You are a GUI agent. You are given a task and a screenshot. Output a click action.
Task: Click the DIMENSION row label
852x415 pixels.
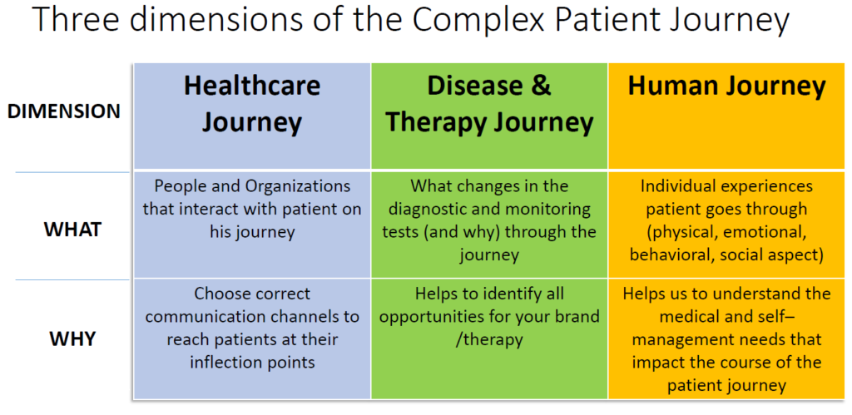point(64,111)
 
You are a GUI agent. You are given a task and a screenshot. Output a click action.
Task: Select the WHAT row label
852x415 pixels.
point(73,230)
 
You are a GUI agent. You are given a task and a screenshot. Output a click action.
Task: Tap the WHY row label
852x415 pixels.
point(73,338)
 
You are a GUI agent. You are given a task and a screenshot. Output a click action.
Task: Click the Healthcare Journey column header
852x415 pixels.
point(252,104)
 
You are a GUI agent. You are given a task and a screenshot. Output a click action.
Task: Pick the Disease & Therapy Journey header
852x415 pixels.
point(489,104)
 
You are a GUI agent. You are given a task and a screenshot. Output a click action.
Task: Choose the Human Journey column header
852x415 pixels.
point(726,86)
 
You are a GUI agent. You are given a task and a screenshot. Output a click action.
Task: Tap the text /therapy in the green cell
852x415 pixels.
point(488,340)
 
